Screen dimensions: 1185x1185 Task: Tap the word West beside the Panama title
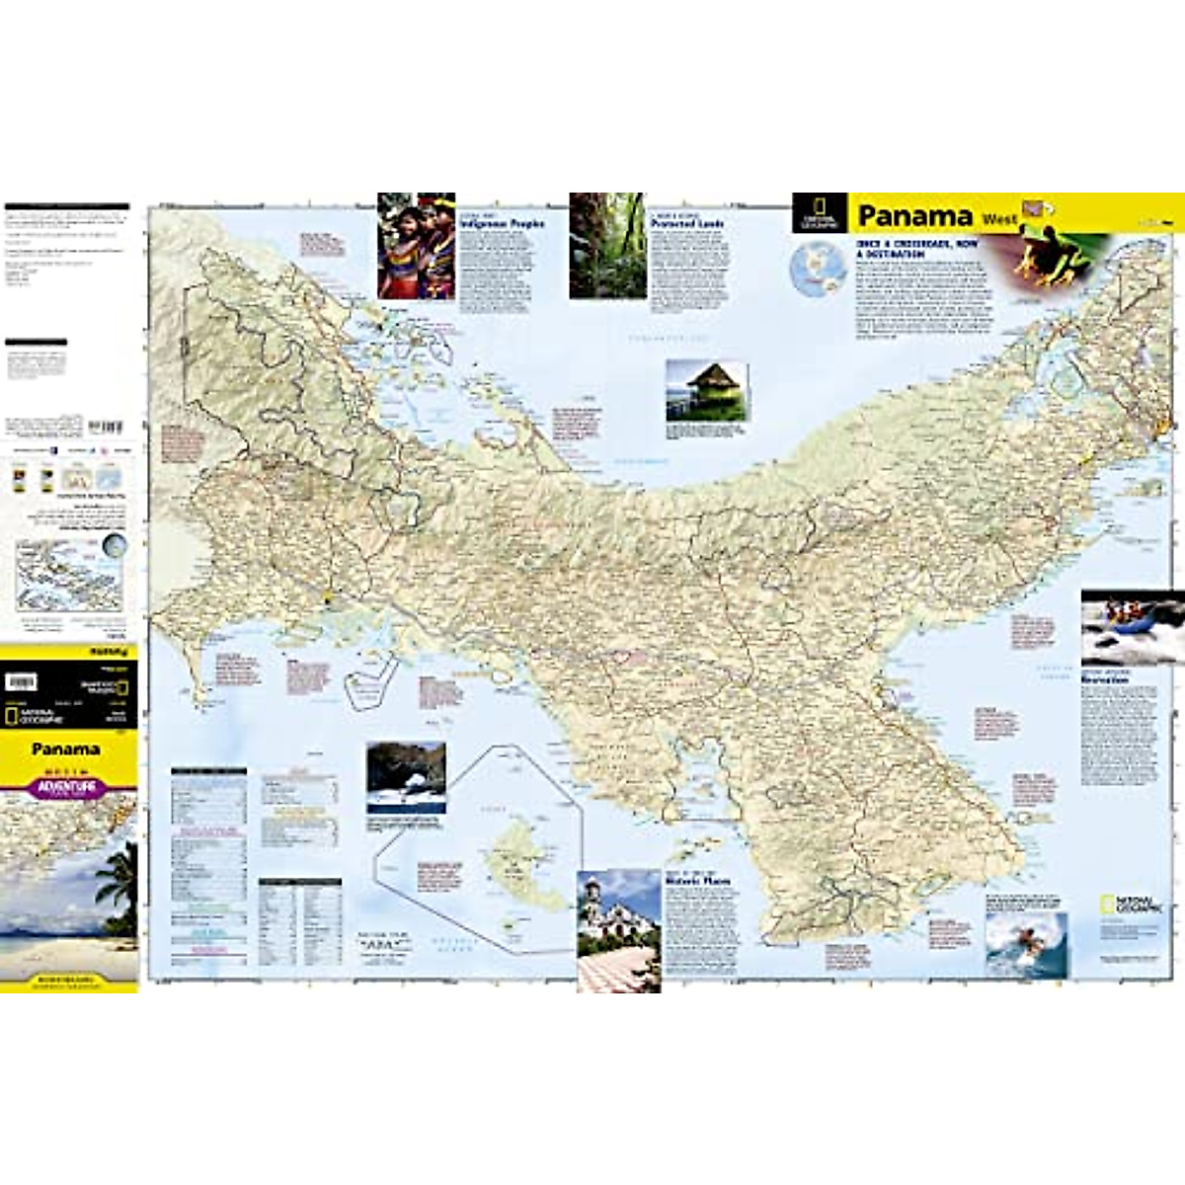pos(998,218)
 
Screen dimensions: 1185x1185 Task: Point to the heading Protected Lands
pos(687,224)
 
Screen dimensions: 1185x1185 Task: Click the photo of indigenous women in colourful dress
pos(416,246)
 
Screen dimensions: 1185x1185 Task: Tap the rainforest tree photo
pos(607,246)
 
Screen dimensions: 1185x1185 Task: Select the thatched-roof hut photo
pos(706,391)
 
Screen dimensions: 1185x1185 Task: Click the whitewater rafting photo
pos(1132,628)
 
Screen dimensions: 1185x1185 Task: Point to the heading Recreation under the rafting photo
pos(1104,680)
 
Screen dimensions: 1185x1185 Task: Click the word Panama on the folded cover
pos(65,750)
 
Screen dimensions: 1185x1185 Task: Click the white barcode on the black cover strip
pos(21,681)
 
